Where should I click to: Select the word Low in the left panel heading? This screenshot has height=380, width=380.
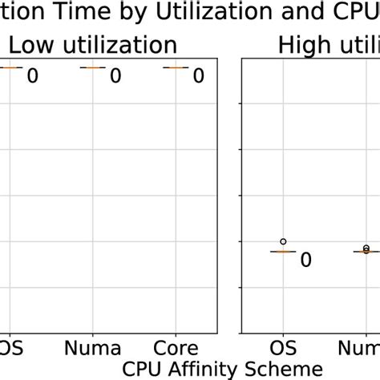[31, 46]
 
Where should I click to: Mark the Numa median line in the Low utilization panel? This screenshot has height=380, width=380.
[92, 68]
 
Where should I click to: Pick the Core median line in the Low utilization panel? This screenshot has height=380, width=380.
[175, 68]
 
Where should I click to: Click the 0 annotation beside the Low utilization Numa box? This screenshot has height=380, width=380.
[115, 76]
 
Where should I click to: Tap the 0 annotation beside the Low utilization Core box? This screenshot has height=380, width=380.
[198, 76]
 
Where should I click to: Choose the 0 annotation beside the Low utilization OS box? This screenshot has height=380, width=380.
[33, 76]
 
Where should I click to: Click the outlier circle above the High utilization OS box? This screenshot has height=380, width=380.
[282, 241]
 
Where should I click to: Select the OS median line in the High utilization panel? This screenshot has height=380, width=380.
[282, 252]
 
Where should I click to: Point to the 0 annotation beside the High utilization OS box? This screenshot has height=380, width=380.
[305, 261]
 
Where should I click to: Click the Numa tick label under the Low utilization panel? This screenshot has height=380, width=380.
[93, 349]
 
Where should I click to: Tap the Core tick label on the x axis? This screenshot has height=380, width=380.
[176, 349]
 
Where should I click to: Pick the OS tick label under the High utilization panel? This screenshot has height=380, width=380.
[282, 349]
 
